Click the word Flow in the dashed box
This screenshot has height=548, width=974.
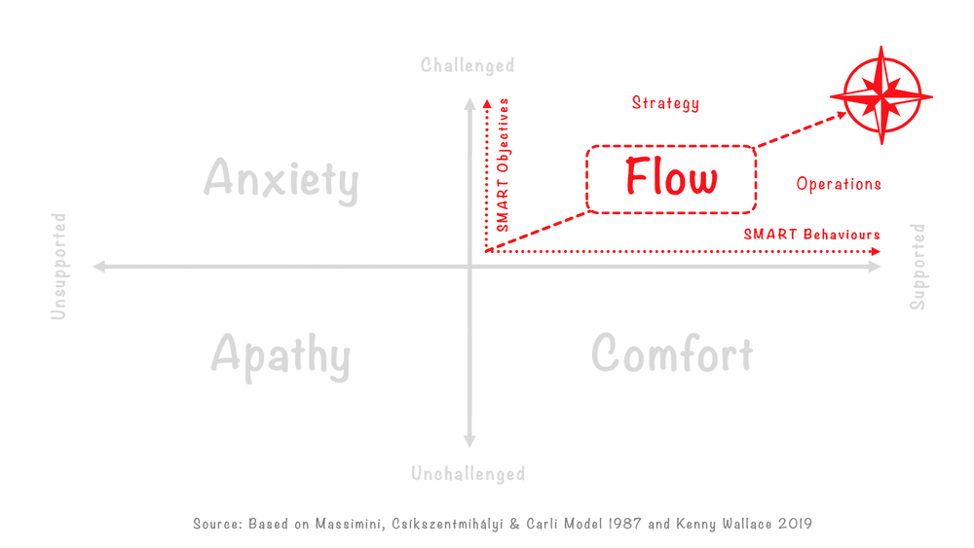pyautogui.click(x=671, y=178)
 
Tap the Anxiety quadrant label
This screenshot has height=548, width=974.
pyautogui.click(x=281, y=181)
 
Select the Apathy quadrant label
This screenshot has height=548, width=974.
pyautogui.click(x=281, y=355)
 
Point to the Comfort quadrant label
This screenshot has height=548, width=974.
pyautogui.click(x=672, y=354)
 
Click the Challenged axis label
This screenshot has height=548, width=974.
pyautogui.click(x=468, y=66)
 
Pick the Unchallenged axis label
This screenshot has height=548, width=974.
pyautogui.click(x=468, y=474)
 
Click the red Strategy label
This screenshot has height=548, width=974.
pyautogui.click(x=665, y=103)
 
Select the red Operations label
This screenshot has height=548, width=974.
pyautogui.click(x=839, y=184)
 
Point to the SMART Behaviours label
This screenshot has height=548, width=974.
pyautogui.click(x=811, y=235)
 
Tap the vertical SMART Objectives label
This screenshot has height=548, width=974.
pyautogui.click(x=503, y=164)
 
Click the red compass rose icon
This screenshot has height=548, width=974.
pyautogui.click(x=880, y=95)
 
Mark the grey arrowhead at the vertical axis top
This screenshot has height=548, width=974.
pyautogui.click(x=470, y=100)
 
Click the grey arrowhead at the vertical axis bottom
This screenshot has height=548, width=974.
pyautogui.click(x=470, y=442)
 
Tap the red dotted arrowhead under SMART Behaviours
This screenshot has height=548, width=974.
pyautogui.click(x=877, y=251)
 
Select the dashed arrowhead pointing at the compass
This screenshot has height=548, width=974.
pyautogui.click(x=843, y=116)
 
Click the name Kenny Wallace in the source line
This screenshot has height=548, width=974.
pyautogui.click(x=705, y=524)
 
